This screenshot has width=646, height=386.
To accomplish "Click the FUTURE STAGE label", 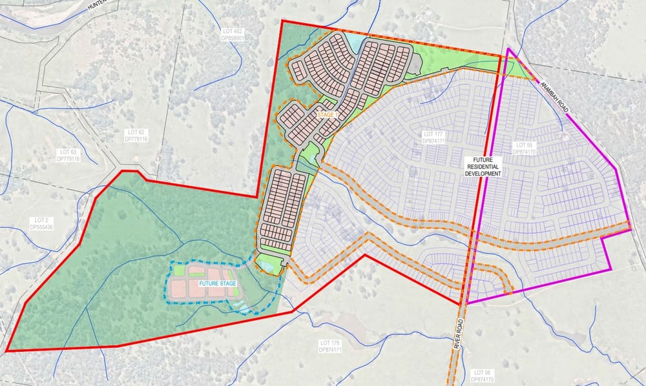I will (x=218, y=284).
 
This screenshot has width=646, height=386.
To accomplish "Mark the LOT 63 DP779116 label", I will (x=67, y=155).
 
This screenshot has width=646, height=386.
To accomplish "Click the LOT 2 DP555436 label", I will (x=41, y=223).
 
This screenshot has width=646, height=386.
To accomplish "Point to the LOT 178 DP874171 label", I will (x=330, y=345).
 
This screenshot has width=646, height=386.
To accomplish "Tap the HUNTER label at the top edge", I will (x=95, y=7).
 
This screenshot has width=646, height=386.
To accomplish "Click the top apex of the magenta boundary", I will (x=508, y=48).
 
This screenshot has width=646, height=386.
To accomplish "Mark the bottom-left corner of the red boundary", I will (x=6, y=351).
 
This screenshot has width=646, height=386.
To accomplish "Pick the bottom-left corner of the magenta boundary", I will (x=467, y=303).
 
